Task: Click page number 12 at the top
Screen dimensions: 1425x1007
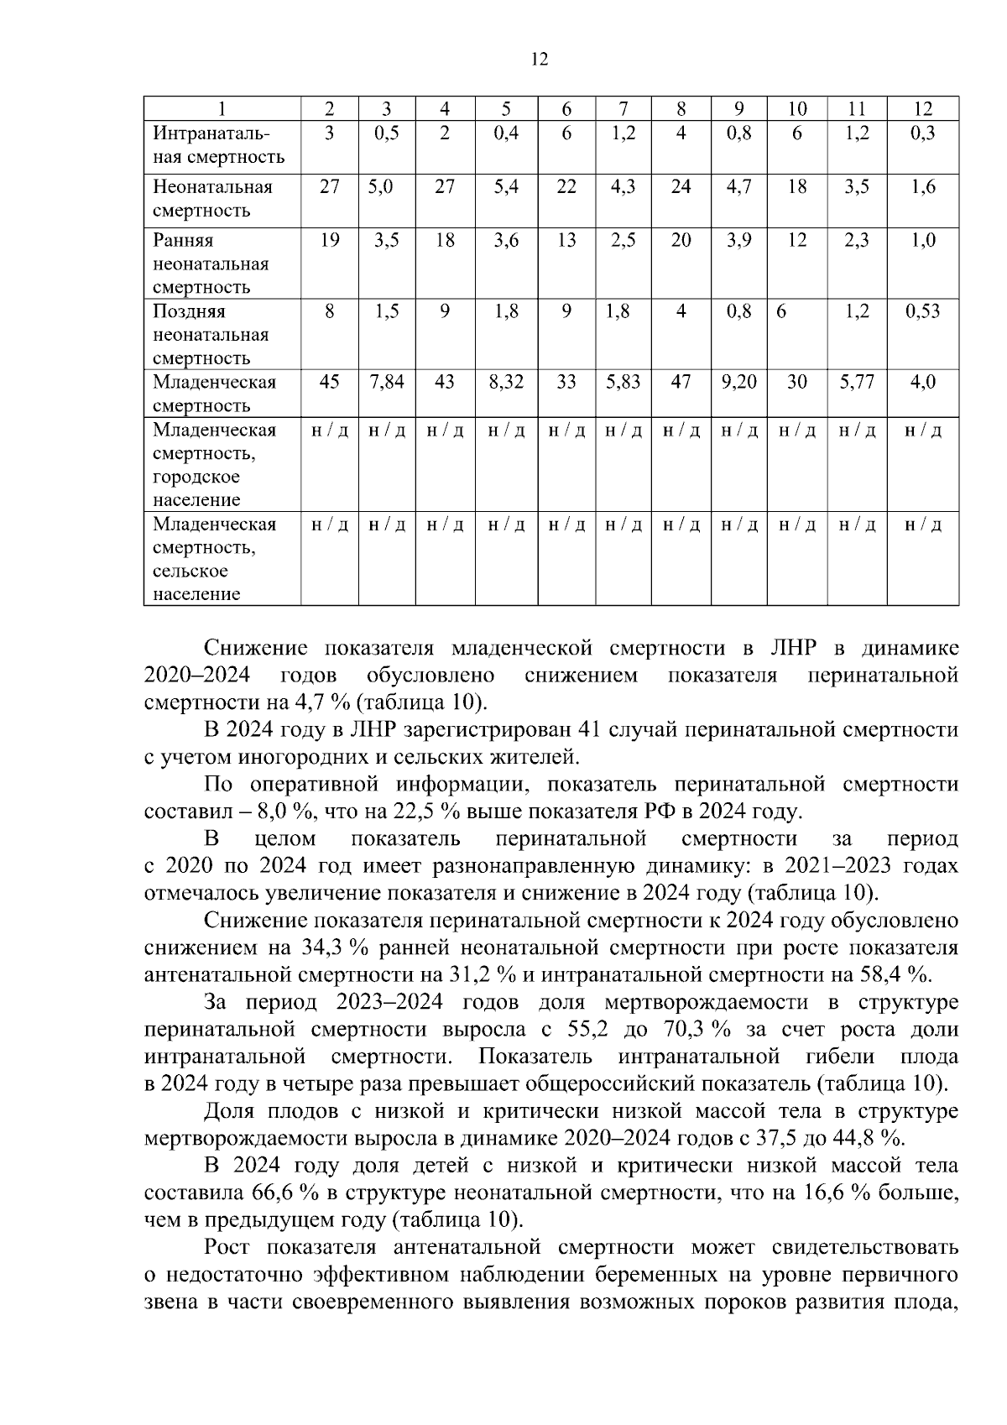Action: (x=539, y=59)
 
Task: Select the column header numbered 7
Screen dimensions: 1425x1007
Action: (x=624, y=108)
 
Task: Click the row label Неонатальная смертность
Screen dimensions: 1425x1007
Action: (x=212, y=198)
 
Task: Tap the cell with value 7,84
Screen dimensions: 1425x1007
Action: (x=387, y=382)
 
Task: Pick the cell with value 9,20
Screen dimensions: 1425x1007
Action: (x=738, y=382)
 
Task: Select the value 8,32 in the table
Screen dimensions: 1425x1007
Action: (x=506, y=382)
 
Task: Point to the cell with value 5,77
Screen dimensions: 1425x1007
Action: (x=856, y=382)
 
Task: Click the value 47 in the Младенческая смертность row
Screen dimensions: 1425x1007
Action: (x=681, y=382)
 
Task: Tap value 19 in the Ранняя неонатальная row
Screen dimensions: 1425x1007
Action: (x=330, y=240)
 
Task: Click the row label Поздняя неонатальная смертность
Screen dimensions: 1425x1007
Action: (x=211, y=334)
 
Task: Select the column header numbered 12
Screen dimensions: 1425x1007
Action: (x=922, y=108)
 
